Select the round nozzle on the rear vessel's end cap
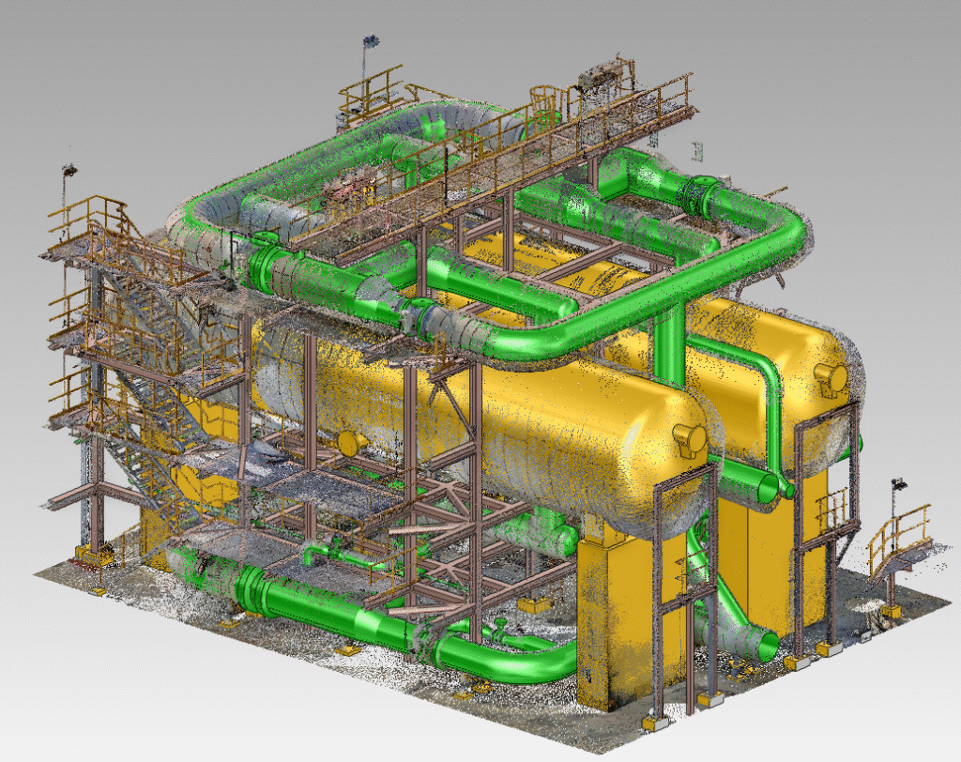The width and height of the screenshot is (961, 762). click(831, 375)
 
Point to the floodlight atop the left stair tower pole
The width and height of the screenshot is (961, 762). click(69, 172)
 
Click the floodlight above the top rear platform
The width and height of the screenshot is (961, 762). click(371, 42)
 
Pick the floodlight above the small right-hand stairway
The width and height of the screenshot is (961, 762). click(898, 485)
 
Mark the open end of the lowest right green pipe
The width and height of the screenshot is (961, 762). click(767, 646)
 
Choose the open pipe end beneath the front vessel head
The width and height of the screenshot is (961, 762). click(766, 486)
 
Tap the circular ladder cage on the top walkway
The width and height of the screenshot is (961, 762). click(543, 97)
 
